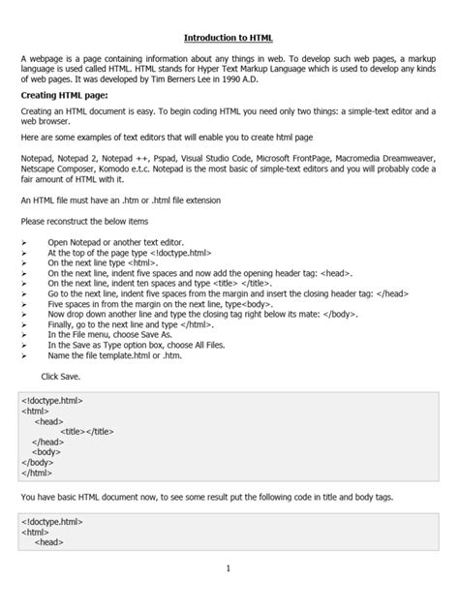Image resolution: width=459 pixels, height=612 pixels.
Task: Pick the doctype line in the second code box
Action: [52, 521]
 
